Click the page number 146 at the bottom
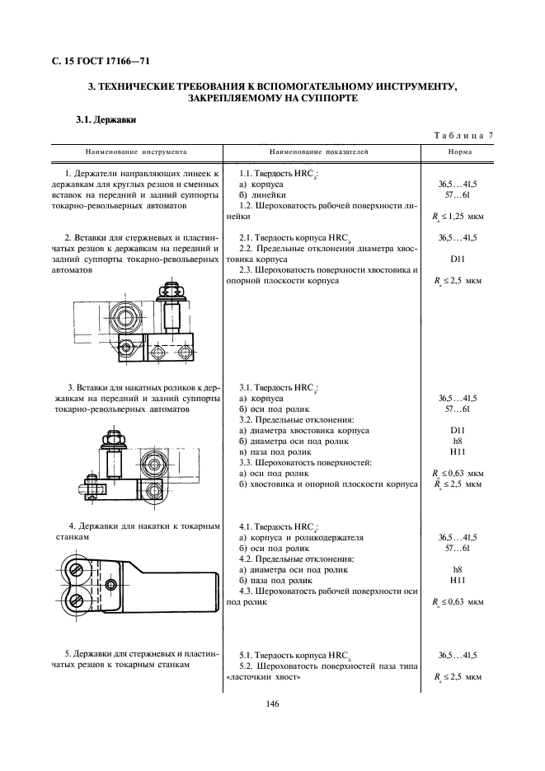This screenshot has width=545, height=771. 272,703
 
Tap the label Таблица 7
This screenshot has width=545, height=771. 463,136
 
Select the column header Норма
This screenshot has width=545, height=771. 460,152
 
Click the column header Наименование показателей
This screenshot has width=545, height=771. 319,152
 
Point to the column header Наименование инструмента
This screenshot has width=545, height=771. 136,152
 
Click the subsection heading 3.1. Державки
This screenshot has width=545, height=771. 106,119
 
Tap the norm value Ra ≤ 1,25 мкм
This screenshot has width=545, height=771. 458,217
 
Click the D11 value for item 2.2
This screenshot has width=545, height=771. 458,259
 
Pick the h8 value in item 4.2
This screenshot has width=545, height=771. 458,570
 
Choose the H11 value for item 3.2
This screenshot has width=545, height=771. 458,452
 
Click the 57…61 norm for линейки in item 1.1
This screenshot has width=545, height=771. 458,195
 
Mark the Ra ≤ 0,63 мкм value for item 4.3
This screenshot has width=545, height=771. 458,602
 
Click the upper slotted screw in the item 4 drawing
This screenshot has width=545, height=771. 78,569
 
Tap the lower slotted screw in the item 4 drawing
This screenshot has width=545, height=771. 78,600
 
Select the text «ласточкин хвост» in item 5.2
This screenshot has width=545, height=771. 263,677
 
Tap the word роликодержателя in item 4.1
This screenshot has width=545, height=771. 331,537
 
